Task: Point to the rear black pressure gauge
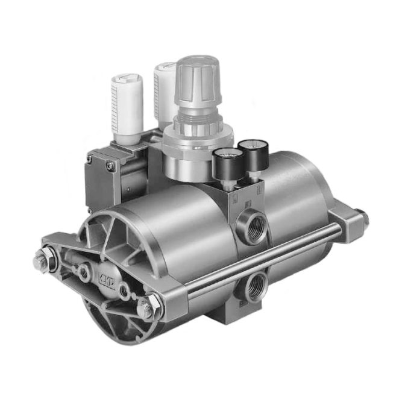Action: (x=252, y=153)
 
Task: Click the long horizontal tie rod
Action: (x=259, y=256)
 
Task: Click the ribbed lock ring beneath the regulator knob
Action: (x=199, y=127)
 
